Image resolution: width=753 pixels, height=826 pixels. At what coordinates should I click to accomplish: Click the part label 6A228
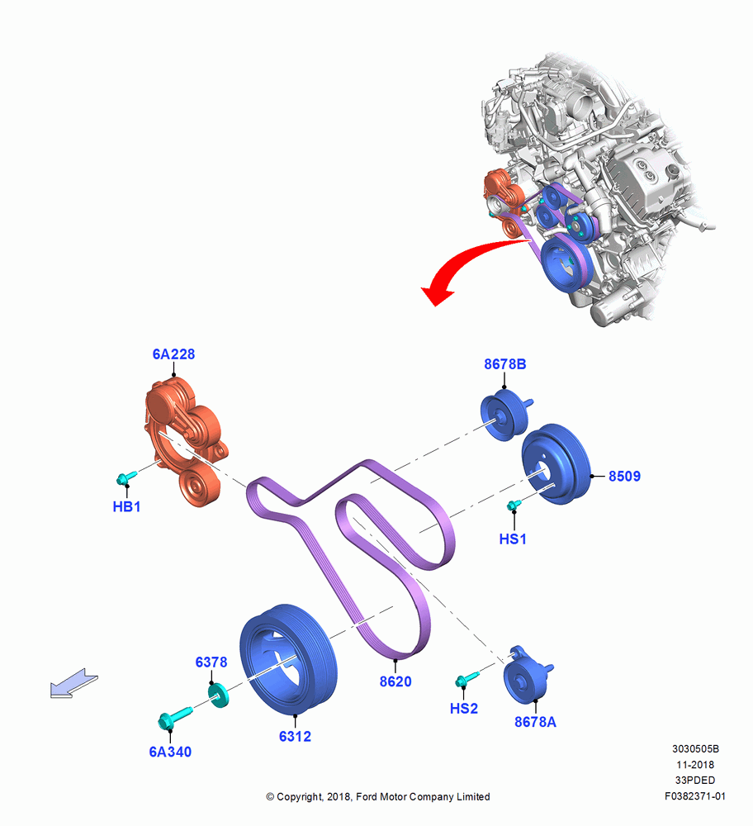click(173, 354)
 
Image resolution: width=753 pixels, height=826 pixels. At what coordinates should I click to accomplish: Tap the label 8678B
click(505, 364)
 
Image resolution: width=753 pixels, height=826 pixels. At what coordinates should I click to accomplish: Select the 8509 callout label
click(624, 477)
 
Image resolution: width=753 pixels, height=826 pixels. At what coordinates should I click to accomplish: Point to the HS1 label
click(513, 539)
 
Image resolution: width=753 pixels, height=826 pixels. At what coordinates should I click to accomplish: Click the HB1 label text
click(127, 507)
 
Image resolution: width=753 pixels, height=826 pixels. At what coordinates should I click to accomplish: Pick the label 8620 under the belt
click(395, 681)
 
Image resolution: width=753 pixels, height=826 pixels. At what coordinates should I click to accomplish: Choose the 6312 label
click(295, 737)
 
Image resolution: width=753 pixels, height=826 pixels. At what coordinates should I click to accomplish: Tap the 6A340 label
click(170, 752)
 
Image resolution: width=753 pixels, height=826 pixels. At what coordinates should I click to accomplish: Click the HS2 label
click(464, 709)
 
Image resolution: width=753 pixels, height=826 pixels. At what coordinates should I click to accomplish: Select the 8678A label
click(535, 722)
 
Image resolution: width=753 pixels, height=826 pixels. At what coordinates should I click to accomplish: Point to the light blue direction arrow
click(73, 683)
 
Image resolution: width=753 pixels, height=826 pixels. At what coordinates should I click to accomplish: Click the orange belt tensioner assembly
click(183, 440)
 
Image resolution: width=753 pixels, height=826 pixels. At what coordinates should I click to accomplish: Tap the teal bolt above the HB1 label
click(125, 477)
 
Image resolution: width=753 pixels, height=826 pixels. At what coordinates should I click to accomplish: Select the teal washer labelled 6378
click(218, 695)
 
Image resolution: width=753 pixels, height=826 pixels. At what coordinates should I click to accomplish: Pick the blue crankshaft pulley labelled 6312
click(287, 659)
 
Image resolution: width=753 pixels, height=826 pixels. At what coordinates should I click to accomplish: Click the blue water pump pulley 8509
click(556, 463)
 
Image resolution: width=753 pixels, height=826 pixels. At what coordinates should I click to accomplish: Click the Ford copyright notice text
click(378, 796)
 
